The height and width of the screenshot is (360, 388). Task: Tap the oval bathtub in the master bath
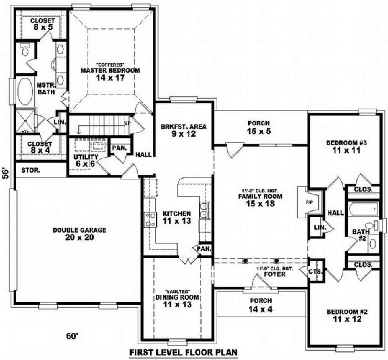[x=25, y=92]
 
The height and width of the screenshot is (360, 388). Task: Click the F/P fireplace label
[x=309, y=202]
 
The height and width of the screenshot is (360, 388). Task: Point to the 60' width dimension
[x=72, y=336]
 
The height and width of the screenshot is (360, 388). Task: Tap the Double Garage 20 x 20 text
[x=80, y=234]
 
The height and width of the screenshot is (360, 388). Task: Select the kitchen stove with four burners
[x=150, y=220]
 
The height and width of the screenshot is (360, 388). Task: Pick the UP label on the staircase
[x=127, y=123]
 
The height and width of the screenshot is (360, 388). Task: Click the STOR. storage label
[x=31, y=170]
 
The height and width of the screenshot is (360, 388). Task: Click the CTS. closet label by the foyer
[x=316, y=271]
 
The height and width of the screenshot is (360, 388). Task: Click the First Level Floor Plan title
[x=184, y=352]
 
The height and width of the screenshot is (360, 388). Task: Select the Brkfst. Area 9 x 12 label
[x=183, y=130]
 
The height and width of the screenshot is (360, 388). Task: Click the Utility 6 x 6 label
[x=86, y=160]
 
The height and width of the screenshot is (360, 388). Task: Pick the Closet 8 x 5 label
[x=43, y=24]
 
